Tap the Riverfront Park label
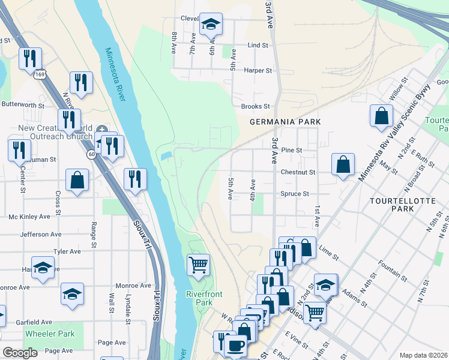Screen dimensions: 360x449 click(x=199, y=298)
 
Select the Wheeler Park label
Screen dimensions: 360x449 click(x=50, y=334)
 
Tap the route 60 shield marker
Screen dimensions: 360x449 click(x=91, y=154)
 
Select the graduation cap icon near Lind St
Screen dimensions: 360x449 click(x=211, y=25)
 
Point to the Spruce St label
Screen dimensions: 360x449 click(x=295, y=194)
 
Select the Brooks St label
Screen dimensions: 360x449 click(x=255, y=106)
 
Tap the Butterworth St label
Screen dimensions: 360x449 click(x=23, y=104)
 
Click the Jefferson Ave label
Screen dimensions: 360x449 click(x=41, y=234)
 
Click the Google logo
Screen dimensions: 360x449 click(x=20, y=353)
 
